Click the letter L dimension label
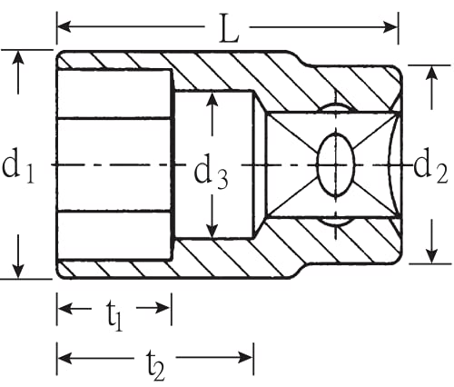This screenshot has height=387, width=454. pos(229,28)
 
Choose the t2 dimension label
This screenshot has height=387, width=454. pos(156,365)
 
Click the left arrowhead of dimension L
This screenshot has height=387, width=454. pos(64,26)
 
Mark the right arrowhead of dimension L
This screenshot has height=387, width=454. pos(390,27)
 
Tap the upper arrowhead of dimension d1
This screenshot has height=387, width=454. pos(18,57)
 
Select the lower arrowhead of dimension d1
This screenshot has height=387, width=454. pos(18,271)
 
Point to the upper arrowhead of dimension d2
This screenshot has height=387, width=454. pos(432,73)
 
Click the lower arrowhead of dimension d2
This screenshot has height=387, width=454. pos(432,256)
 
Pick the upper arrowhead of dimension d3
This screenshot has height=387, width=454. pos(212,98)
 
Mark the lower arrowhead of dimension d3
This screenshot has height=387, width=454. pos(212,231)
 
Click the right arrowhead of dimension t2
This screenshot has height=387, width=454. pos(246,358)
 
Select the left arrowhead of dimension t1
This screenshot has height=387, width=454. pos(65,309)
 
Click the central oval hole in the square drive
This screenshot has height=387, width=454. pos(335,165)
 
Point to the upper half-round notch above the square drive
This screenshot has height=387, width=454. pos(336,107)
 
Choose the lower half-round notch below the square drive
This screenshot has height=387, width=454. pos(336,222)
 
